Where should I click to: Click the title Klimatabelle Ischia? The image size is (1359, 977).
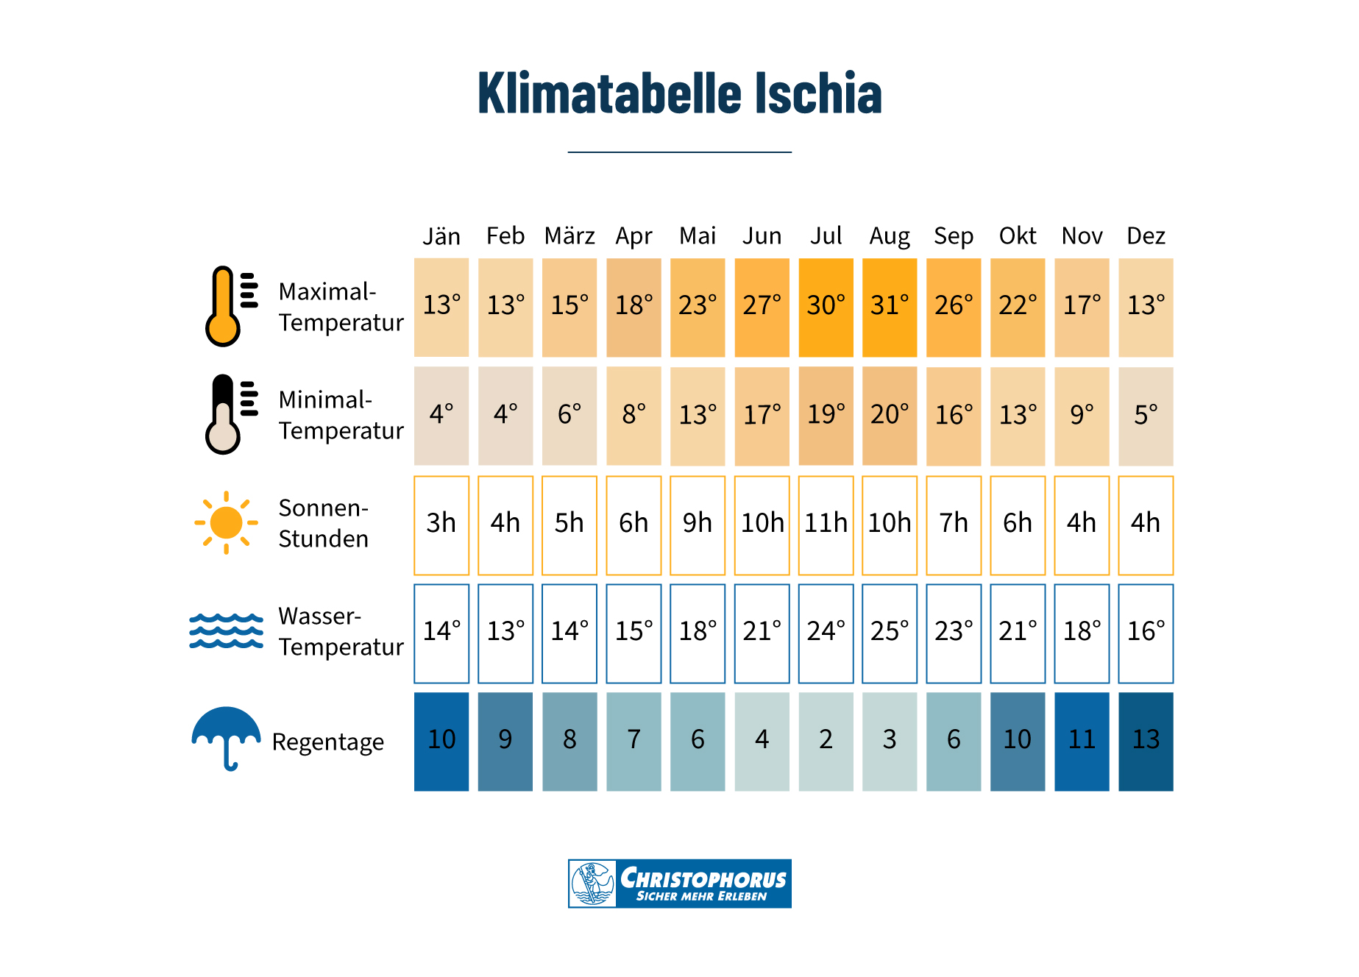pyautogui.click(x=679, y=93)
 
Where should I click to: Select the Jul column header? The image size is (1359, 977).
pyautogui.click(x=826, y=236)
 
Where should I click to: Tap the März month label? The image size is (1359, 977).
pyautogui.click(x=569, y=236)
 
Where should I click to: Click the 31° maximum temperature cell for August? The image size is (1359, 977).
pyautogui.click(x=890, y=307)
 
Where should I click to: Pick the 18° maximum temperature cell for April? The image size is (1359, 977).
pyautogui.click(x=634, y=307)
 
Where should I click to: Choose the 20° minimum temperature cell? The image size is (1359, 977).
pyautogui.click(x=890, y=416)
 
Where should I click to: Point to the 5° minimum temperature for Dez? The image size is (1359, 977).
pyautogui.click(x=1146, y=416)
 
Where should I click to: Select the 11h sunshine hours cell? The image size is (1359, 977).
pyautogui.click(x=826, y=525)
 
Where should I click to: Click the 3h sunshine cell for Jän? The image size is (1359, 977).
pyautogui.click(x=441, y=525)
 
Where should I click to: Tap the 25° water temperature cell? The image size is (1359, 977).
pyautogui.click(x=890, y=633)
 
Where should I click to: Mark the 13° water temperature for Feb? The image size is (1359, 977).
pyautogui.click(x=505, y=633)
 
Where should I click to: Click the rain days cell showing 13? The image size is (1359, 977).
pyautogui.click(x=1146, y=741)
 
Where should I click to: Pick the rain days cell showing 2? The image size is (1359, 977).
pyautogui.click(x=826, y=741)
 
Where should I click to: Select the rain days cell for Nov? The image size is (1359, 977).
pyautogui.click(x=1082, y=741)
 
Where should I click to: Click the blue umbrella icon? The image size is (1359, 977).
pyautogui.click(x=226, y=736)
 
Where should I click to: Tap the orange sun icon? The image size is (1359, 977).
pyautogui.click(x=226, y=523)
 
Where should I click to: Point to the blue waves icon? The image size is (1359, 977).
pyautogui.click(x=226, y=631)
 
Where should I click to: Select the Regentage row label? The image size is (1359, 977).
pyautogui.click(x=327, y=742)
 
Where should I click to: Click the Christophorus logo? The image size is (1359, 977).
pyautogui.click(x=679, y=883)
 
